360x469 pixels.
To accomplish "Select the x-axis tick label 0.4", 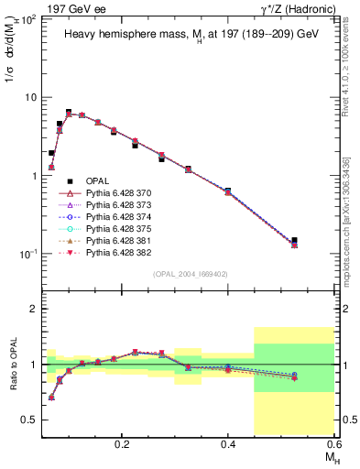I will tap(228, 442).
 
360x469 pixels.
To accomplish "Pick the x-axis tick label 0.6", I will tap(334, 442).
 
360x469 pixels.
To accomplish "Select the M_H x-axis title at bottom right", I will tap(330, 456).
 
